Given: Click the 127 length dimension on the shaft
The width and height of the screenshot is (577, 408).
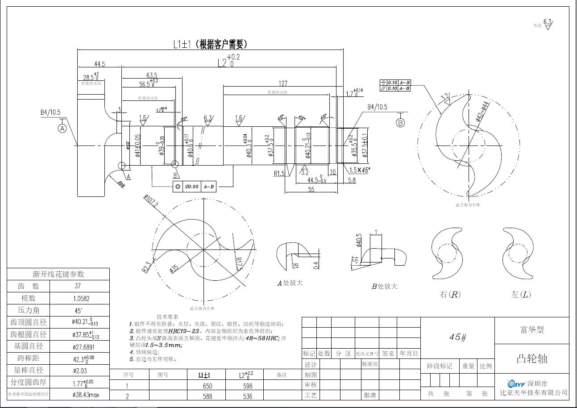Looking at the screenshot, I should coord(283,83).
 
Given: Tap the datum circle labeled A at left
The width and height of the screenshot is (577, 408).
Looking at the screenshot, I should coord(62,128).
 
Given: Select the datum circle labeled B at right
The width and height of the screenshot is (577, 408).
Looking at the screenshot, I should coord(400,122).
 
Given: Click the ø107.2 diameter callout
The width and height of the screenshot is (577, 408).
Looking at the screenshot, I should coord(150,202).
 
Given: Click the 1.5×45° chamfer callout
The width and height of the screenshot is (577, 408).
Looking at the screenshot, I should coord(360,170).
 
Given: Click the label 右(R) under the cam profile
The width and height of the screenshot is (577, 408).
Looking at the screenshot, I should coord(450,295).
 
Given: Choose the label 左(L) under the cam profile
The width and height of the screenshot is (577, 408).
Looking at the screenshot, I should coord(521,295).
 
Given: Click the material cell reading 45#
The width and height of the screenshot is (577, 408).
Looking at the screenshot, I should coord(457,337).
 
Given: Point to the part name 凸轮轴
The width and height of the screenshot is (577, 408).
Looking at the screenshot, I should coord(531,359).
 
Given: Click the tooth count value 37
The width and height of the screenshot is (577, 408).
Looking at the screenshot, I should coord(78,286).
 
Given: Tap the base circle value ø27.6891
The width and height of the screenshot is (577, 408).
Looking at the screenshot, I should coord(84,346).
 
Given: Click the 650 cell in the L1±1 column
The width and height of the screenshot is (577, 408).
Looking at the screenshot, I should coord(207,386).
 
